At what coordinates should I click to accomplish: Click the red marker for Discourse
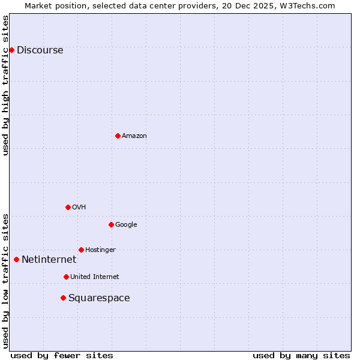[11, 50]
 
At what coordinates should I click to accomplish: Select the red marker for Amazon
[118, 136]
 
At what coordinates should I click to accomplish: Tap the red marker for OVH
[68, 207]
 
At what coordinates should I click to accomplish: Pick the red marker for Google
[111, 224]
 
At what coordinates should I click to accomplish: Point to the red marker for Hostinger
[81, 250]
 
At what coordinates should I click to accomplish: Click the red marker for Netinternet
[16, 259]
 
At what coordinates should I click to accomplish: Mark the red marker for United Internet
[66, 277]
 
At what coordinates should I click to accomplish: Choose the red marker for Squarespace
[63, 298]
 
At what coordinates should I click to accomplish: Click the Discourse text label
[40, 50]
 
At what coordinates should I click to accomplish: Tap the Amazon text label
[134, 136]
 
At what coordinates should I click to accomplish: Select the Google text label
[126, 225]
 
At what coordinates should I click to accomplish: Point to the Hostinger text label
[100, 250]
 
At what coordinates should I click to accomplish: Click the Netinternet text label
[49, 260]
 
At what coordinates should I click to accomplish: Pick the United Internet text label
[94, 277]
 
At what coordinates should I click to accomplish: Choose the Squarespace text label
[99, 298]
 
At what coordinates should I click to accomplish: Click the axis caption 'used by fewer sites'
[62, 355]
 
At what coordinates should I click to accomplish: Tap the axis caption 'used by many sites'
[301, 355]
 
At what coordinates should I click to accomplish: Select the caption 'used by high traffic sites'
[5, 85]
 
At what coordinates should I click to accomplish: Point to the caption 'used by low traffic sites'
[5, 280]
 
